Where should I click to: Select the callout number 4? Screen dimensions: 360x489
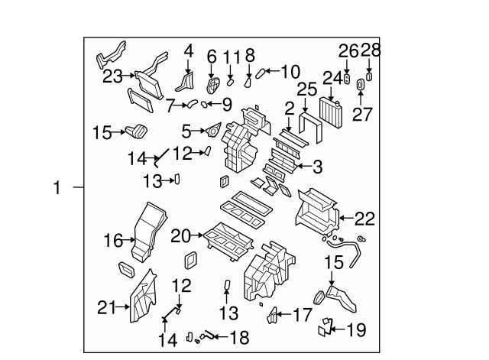[x=189, y=51]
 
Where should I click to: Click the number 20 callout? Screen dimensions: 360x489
[x=180, y=236]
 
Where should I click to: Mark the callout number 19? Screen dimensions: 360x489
[x=355, y=330]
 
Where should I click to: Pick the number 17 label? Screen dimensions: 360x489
[x=303, y=313]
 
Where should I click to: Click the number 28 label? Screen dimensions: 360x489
[x=370, y=51]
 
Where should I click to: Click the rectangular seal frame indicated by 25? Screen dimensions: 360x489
[x=309, y=124]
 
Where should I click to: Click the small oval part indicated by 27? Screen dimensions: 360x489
[x=361, y=89]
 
